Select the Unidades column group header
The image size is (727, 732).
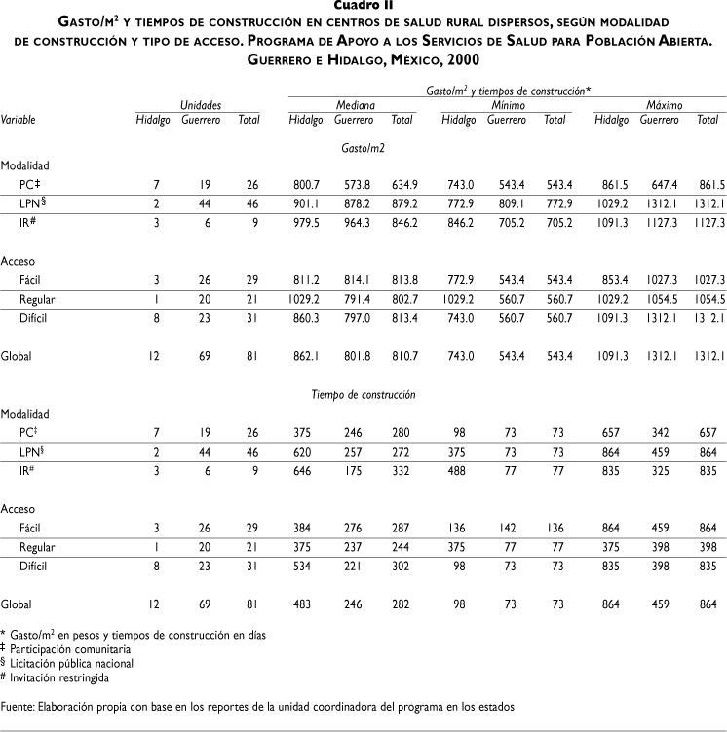point(200,104)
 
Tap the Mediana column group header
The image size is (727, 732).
point(356,104)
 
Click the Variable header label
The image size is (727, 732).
point(19,120)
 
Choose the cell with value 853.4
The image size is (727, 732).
point(611,280)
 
